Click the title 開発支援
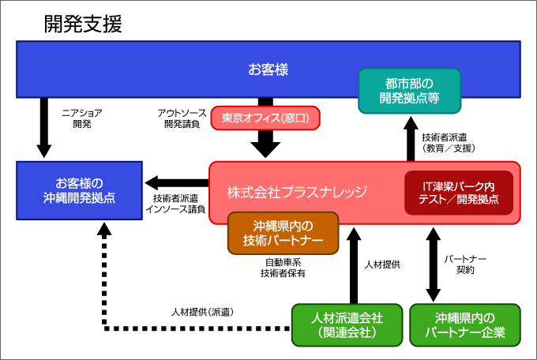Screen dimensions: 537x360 tap(83, 24)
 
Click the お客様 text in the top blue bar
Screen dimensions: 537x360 tap(268, 69)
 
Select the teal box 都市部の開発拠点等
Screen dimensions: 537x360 tap(410, 91)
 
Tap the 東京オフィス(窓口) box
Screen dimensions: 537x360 tap(265, 118)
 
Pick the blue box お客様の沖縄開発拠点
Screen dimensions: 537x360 tap(80, 190)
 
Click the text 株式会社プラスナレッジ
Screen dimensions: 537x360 tap(297, 192)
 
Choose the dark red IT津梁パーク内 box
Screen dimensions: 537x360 tap(459, 193)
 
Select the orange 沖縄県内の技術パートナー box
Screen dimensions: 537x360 tap(284, 233)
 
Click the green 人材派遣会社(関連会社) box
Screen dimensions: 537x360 tap(347, 325)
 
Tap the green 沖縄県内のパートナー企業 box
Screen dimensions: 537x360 tap(465, 325)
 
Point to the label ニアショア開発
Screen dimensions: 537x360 tap(82, 118)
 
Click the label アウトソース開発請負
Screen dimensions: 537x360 tap(182, 118)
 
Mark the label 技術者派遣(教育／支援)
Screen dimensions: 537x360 tap(449, 143)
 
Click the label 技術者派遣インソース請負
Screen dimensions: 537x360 tap(175, 204)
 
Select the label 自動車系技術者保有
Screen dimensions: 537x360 tap(284, 268)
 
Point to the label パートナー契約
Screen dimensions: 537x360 tap(465, 264)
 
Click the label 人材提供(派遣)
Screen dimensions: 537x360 tap(202, 312)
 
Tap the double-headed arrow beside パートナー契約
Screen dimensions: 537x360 tap(434, 264)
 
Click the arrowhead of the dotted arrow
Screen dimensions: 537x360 tap(104, 229)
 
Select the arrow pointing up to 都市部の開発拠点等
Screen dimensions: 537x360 tap(411, 139)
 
